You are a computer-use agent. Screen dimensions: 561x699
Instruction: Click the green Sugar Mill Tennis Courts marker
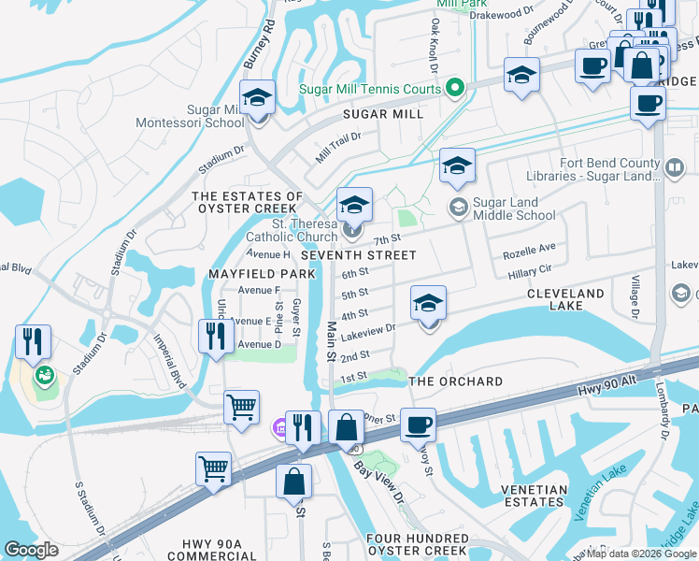point(455,89)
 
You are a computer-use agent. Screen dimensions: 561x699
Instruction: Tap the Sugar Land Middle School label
point(514,209)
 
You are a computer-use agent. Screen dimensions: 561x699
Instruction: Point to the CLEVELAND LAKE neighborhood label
point(565,300)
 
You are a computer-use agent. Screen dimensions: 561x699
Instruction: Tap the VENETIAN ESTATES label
point(534,496)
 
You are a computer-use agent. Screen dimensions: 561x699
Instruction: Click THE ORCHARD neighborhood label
point(455,381)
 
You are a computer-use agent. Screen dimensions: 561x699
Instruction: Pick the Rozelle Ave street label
point(529,252)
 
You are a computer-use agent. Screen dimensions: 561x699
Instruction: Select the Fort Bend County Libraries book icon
point(675,167)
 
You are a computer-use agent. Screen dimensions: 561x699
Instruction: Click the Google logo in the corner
point(31,550)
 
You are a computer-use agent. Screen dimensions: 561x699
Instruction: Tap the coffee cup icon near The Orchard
point(418,424)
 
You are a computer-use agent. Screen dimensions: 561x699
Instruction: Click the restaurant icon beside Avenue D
point(216,336)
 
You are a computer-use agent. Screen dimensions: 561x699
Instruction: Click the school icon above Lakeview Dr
point(428,303)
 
